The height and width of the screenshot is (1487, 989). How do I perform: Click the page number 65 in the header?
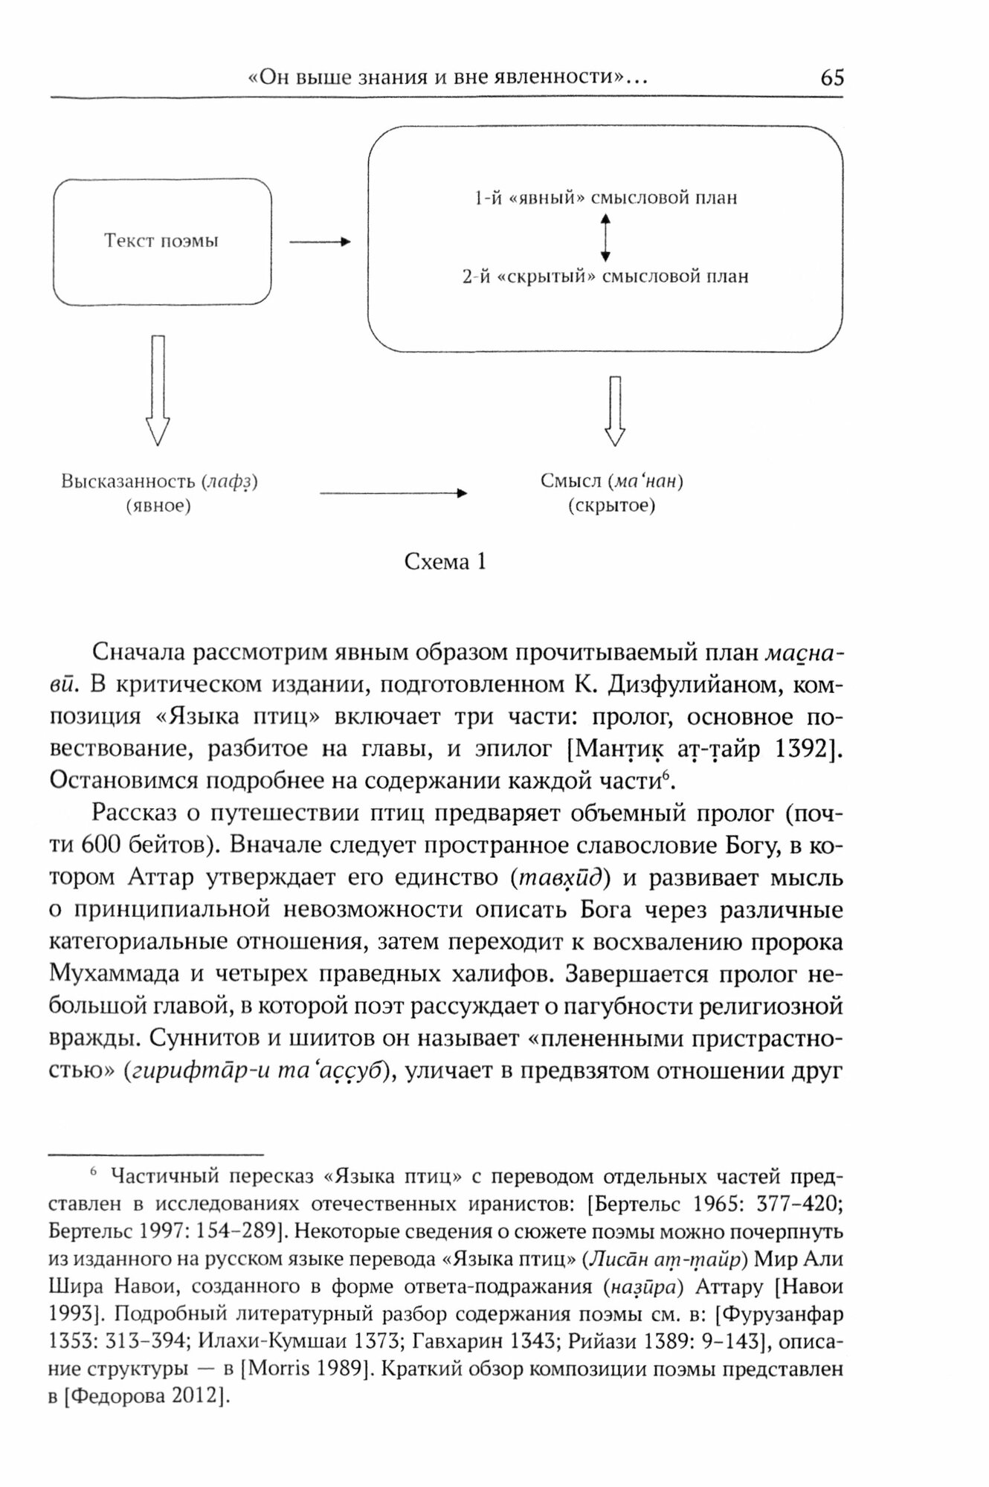pos(832,77)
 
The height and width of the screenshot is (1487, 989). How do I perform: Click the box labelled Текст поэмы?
pos(161,241)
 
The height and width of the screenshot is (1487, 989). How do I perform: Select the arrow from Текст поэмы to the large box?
pos(319,242)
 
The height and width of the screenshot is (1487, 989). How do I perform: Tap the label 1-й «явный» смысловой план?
pos(605,199)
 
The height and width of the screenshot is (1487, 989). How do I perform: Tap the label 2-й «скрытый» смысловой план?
pos(605,277)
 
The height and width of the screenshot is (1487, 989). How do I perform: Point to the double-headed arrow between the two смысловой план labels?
pos(605,237)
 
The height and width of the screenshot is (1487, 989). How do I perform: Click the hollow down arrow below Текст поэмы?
pos(157,390)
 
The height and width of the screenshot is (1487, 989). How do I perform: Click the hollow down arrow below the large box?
pos(614,410)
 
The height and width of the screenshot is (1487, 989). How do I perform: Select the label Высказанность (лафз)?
pos(159,481)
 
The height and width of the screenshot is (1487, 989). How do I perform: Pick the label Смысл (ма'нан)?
pos(612,481)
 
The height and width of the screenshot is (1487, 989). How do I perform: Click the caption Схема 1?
pos(445,562)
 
